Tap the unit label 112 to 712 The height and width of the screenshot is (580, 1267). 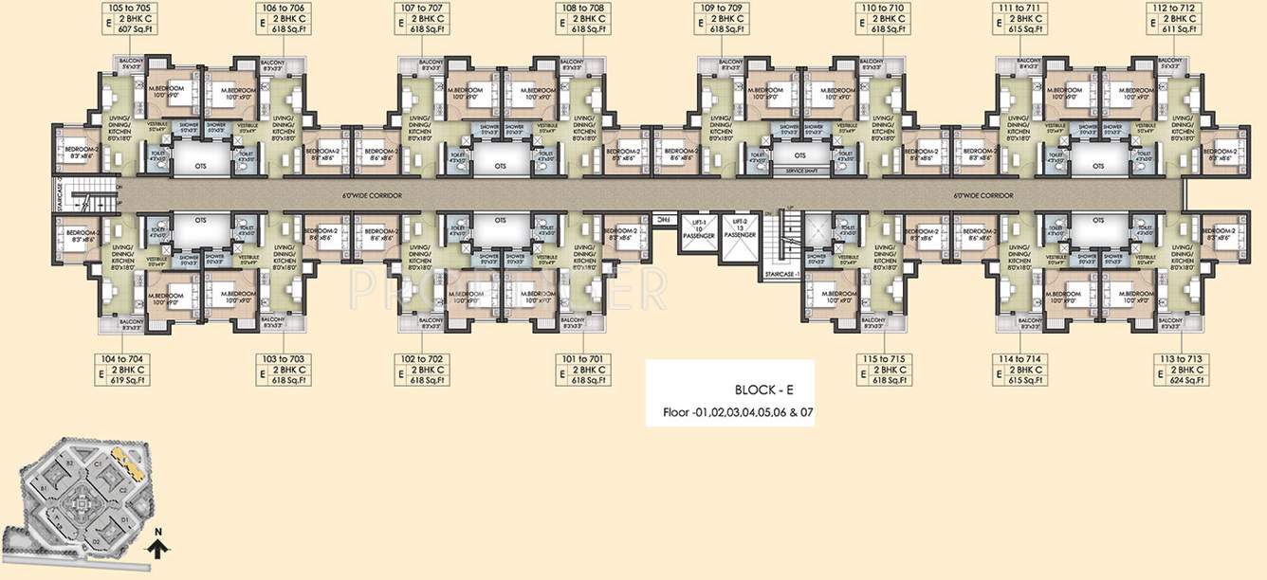coord(1179,8)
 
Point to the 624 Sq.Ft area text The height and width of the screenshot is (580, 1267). coord(1179,380)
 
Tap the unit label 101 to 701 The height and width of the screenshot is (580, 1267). coord(582,359)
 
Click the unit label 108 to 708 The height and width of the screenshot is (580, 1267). coord(582,8)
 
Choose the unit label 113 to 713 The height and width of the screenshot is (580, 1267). coord(1179,359)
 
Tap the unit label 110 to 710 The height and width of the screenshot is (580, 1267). coord(883,8)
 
